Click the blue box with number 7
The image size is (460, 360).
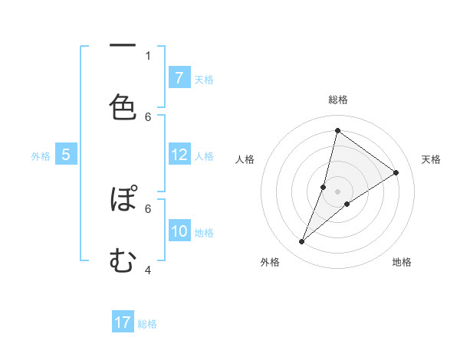(x=179, y=77)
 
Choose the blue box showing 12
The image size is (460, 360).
(x=179, y=154)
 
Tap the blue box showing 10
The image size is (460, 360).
(x=179, y=231)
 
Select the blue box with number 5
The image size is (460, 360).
(x=66, y=154)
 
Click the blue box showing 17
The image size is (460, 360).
(x=123, y=322)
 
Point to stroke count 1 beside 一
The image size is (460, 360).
(x=148, y=55)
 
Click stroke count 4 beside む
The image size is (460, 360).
(x=148, y=270)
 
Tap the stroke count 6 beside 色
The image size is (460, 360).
(x=148, y=116)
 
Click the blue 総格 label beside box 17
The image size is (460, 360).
(x=147, y=324)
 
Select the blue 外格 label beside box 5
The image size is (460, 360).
(x=41, y=155)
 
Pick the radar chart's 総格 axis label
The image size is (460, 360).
(x=338, y=100)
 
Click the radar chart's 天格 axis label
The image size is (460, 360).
(x=431, y=159)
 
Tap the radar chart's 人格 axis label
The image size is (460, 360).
(x=245, y=159)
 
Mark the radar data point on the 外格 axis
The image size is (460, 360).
(x=301, y=242)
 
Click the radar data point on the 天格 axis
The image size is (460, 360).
(x=396, y=172)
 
